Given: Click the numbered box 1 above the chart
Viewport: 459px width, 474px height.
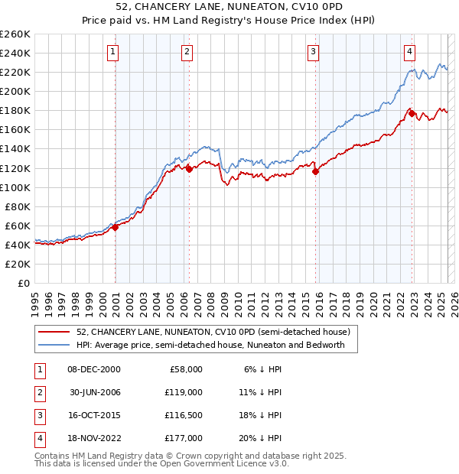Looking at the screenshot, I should click(113, 52).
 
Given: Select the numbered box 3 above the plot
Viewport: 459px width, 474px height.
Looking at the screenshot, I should click(314, 52).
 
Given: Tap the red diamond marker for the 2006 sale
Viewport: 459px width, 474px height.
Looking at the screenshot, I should click(189, 169).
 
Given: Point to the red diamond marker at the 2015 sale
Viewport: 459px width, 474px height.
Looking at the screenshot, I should click(316, 171).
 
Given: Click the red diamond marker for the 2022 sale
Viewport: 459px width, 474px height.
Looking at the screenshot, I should click(412, 113).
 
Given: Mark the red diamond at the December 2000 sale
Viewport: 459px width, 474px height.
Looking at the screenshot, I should click(115, 227).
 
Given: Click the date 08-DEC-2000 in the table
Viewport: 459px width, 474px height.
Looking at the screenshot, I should click(94, 368).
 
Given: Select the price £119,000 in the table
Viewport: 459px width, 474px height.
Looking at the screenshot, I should click(183, 391).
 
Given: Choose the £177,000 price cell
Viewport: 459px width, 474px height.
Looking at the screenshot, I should click(183, 438).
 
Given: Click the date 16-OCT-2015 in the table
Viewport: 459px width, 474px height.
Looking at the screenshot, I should click(94, 415).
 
